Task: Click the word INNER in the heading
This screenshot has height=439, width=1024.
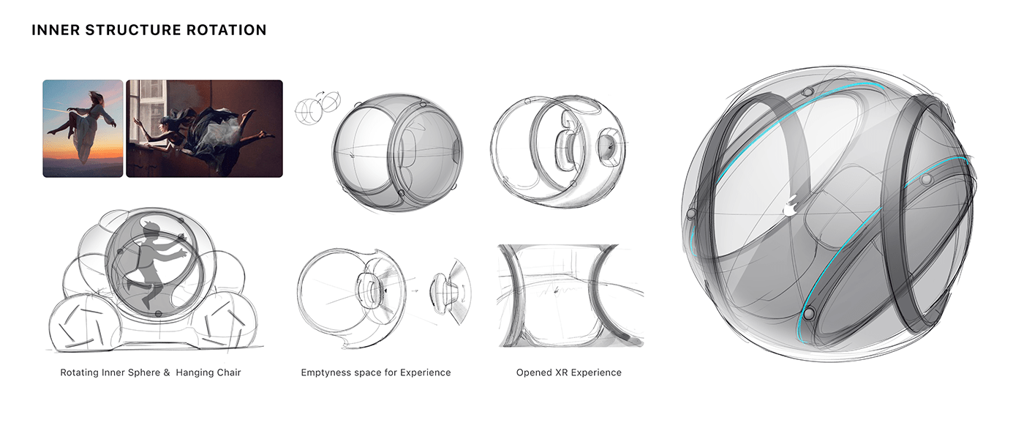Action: [53, 31]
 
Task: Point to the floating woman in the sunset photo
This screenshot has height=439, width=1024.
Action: [80, 120]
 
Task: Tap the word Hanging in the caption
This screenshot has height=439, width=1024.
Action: [195, 372]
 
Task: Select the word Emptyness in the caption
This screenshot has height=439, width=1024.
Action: [325, 372]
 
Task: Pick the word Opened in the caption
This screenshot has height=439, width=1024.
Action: [535, 372]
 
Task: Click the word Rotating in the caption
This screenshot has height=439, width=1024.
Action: [80, 372]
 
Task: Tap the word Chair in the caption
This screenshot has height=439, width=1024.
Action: [229, 372]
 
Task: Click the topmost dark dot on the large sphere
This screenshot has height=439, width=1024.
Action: [807, 91]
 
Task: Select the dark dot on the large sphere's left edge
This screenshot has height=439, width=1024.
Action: [691, 214]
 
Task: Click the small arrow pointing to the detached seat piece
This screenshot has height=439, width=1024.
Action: [415, 290]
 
